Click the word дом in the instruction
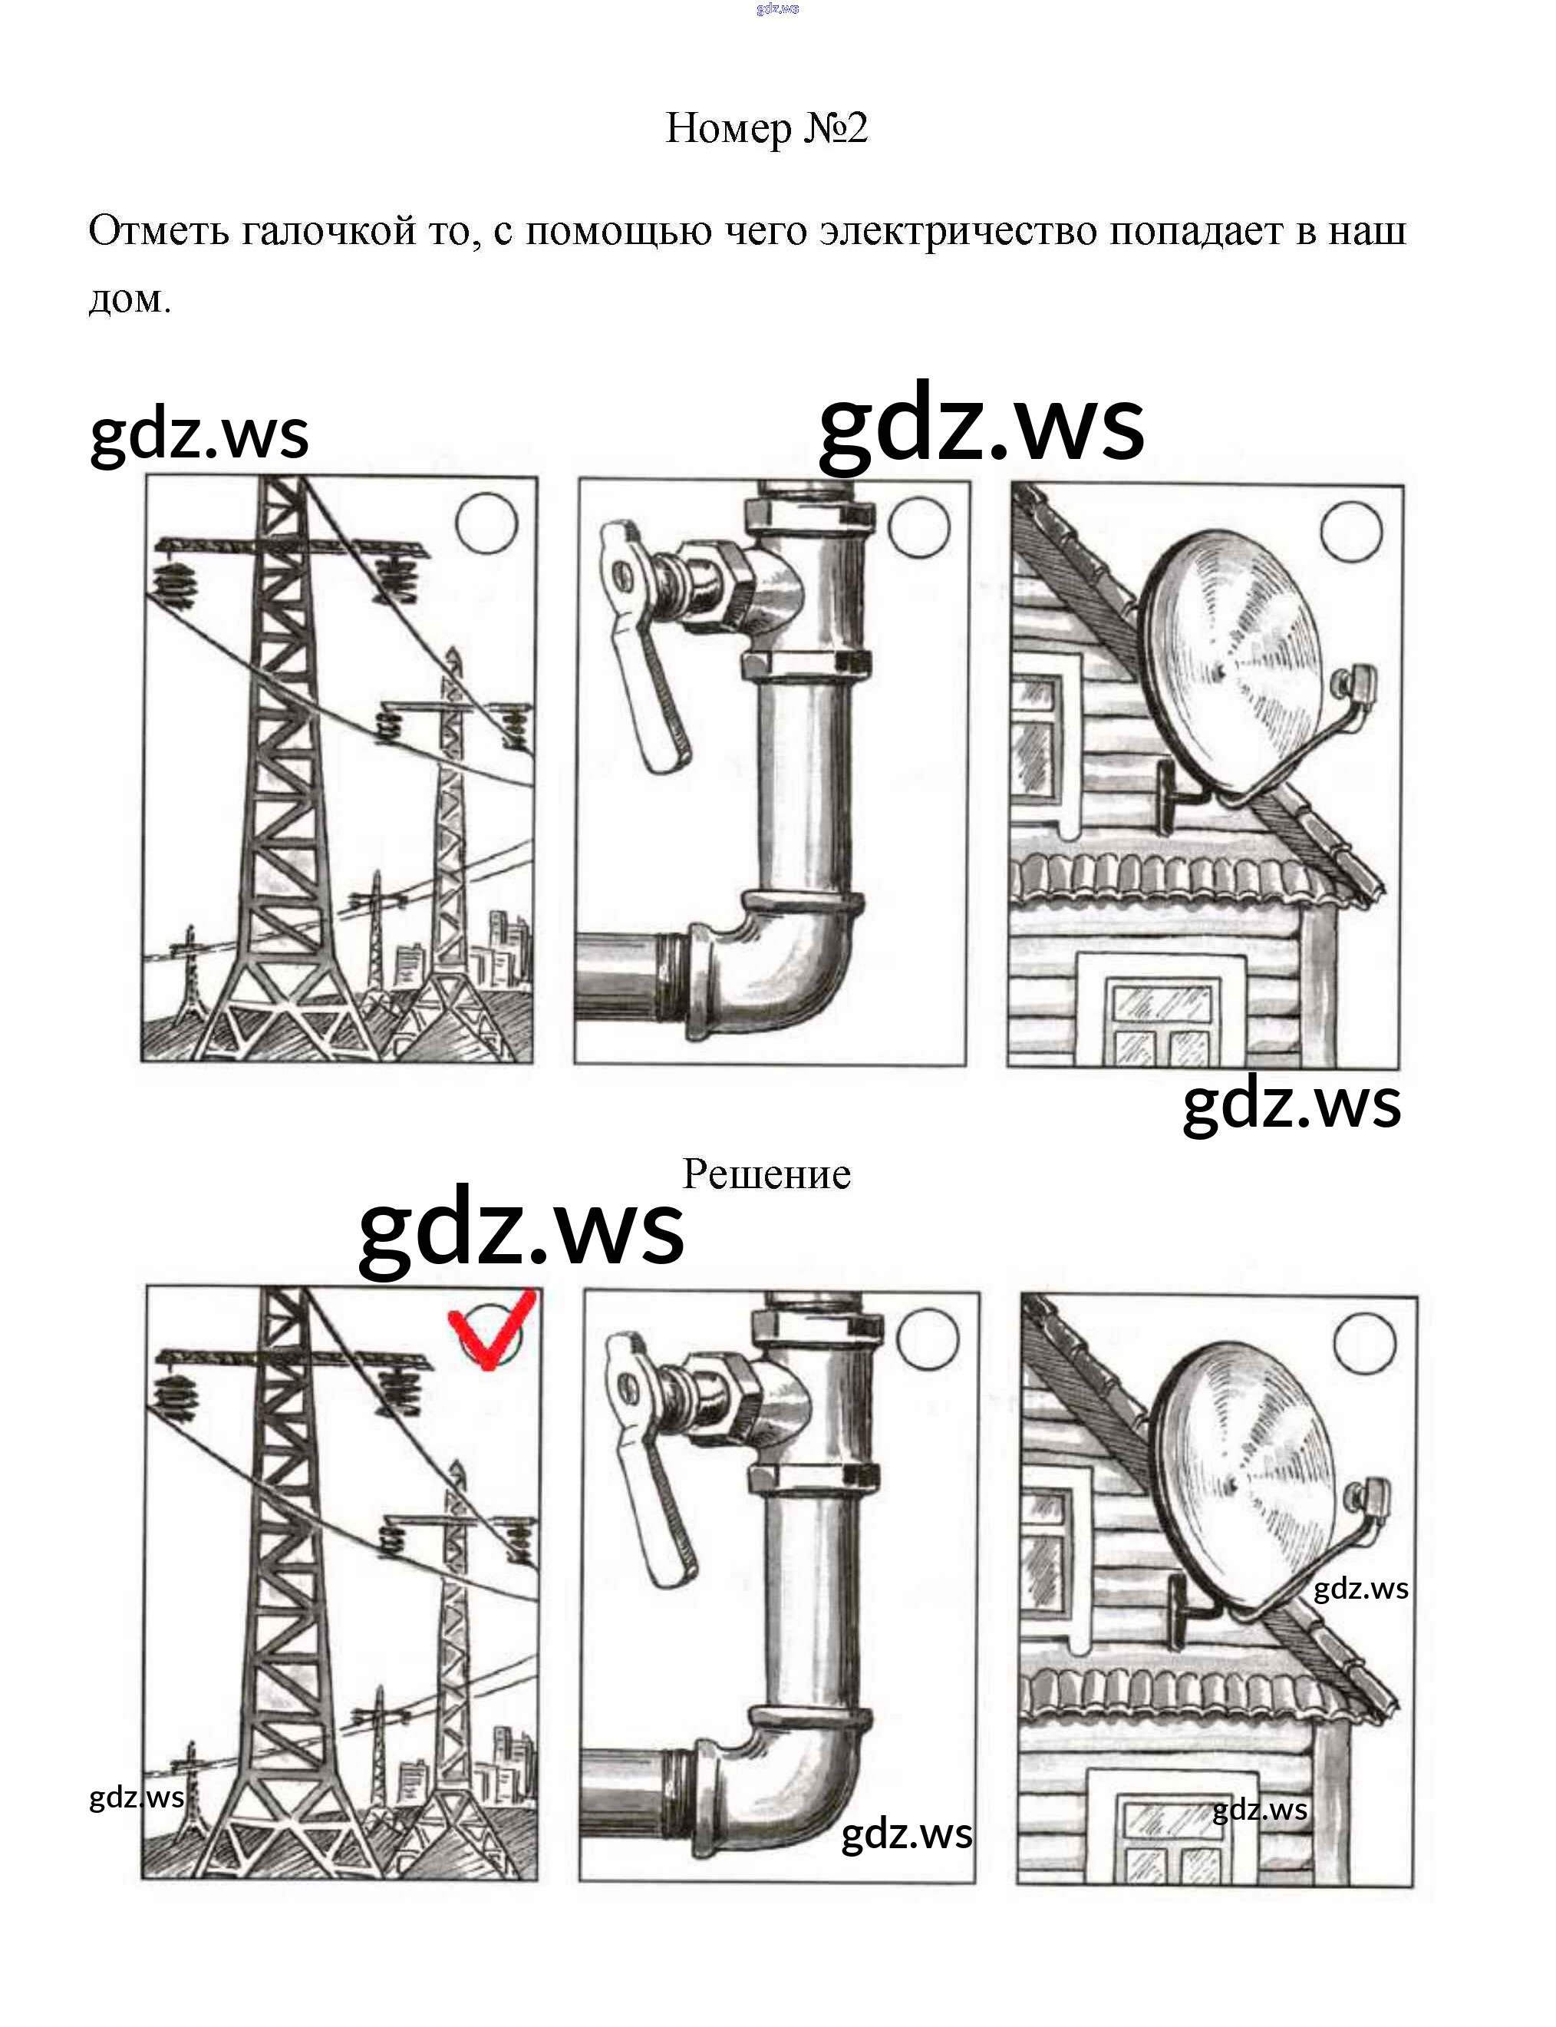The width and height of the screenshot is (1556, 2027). coord(130,299)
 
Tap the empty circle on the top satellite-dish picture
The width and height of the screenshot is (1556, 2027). coord(1351,532)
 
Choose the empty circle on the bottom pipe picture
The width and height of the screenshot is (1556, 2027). coord(928,1338)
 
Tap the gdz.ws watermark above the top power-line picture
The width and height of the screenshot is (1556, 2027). coord(199,435)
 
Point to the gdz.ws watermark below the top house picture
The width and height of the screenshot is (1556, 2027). coord(1292,1105)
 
